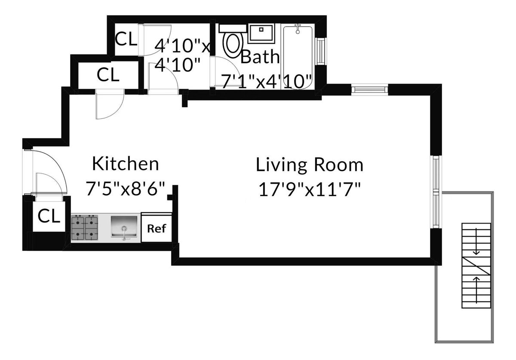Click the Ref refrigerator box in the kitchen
157,228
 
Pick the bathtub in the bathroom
298,56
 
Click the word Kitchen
126,164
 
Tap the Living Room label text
310,165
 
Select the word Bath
260,57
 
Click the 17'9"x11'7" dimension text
310,189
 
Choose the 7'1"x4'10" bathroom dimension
266,81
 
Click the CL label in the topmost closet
126,40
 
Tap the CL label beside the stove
49,216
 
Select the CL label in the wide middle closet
107,75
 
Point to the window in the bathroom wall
320,52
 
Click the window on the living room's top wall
369,89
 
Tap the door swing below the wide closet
108,105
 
